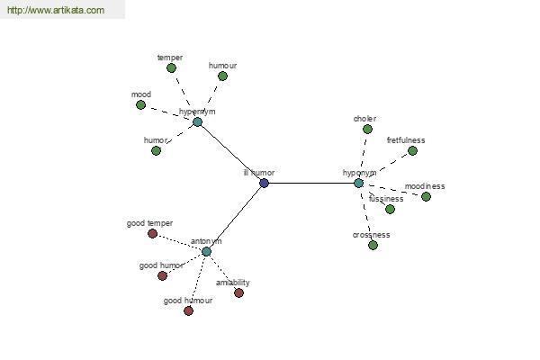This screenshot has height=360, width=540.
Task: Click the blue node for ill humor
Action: (264, 183)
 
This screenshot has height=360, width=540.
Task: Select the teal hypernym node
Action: (198, 121)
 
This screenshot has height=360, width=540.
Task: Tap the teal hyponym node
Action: (358, 183)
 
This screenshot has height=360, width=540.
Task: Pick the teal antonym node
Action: (206, 251)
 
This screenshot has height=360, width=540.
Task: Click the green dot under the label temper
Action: (171, 67)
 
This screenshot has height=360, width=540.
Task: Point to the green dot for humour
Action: (222, 76)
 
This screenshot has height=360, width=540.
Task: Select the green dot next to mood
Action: (140, 104)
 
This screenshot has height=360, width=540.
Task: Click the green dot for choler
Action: (367, 129)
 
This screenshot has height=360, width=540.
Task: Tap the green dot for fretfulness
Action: (412, 150)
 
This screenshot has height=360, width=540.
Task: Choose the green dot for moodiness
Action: (426, 196)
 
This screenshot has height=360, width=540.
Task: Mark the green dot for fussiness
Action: (390, 209)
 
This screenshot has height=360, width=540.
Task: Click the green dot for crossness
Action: (373, 245)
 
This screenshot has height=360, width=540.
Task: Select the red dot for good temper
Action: (152, 233)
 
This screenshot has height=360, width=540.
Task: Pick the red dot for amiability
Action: (238, 292)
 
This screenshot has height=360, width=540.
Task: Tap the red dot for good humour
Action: (188, 310)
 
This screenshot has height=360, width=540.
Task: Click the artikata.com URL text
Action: (55, 11)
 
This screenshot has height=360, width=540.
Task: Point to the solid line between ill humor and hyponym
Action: (310, 183)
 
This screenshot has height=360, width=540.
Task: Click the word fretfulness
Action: (406, 140)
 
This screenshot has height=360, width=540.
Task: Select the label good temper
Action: (149, 223)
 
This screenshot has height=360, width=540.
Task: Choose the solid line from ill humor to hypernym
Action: (230, 152)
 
